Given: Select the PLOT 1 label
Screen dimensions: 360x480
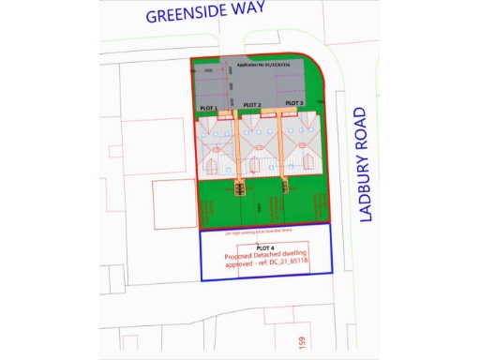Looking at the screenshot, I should [x=209, y=109].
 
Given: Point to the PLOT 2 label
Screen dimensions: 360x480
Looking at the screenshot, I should [x=250, y=104].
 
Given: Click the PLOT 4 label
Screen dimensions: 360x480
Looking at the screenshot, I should [x=266, y=247].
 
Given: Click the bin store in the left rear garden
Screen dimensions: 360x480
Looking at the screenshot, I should [x=239, y=187].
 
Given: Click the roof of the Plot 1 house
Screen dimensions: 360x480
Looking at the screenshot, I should [x=216, y=145].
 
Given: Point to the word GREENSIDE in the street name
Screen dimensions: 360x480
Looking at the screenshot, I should [x=182, y=14].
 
